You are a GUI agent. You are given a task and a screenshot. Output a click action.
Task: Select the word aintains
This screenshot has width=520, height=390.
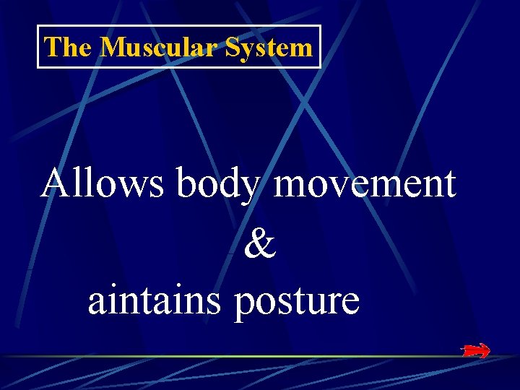[154, 300]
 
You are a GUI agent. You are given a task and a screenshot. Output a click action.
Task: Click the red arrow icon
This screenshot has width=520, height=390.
[476, 351]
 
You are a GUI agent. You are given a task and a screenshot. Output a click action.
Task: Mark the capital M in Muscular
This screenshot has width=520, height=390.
[112, 48]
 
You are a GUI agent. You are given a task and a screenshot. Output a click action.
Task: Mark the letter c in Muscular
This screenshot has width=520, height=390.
[165, 50]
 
